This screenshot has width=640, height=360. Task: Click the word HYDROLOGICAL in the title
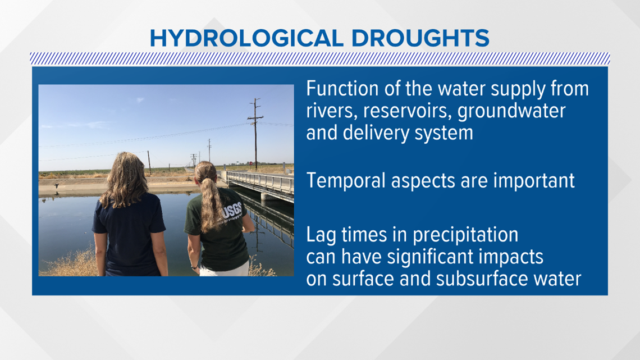(x=246, y=38)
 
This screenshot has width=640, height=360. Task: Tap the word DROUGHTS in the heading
(x=420, y=38)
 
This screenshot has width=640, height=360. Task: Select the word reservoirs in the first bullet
(x=407, y=111)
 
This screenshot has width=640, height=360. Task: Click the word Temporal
(x=346, y=181)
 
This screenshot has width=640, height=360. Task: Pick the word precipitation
(x=465, y=235)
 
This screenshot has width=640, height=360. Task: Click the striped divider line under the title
(x=320, y=59)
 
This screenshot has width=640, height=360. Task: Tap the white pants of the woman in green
(x=225, y=269)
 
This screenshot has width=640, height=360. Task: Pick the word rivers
(x=332, y=111)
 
